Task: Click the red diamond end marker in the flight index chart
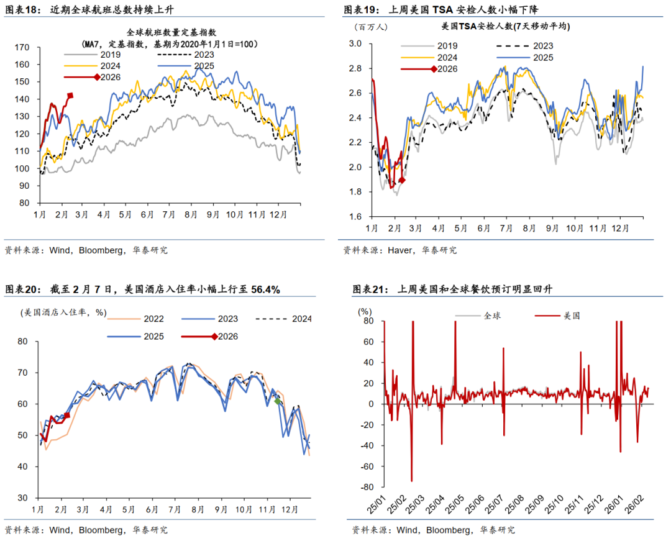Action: (70, 96)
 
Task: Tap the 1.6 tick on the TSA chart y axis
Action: (355, 217)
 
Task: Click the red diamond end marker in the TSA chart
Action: (402, 180)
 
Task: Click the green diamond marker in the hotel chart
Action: (278, 402)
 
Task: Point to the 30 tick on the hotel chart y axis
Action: (24, 498)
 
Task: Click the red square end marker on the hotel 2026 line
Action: (67, 416)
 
